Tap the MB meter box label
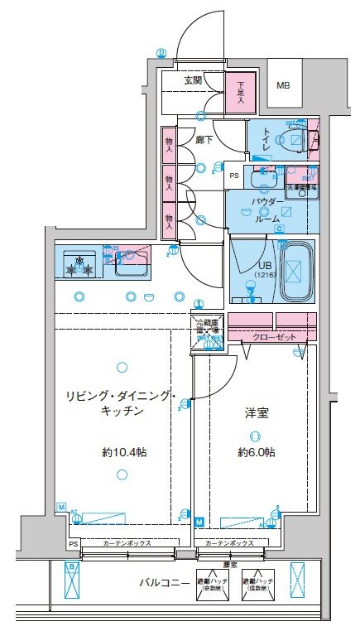283,85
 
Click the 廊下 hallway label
204,140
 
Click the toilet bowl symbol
293,138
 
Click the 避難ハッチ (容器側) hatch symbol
211,583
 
